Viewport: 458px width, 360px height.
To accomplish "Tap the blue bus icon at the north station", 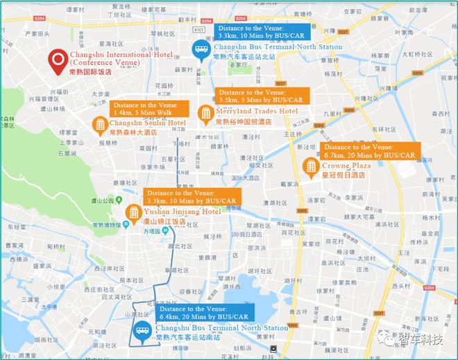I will (x=201, y=49).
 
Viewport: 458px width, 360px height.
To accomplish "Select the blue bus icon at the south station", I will (x=142, y=333).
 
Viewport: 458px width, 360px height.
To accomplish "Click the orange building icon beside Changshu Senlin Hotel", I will (x=100, y=123).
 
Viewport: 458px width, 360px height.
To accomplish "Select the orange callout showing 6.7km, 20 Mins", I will (x=369, y=151).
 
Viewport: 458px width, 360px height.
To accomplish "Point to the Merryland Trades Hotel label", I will (x=257, y=111).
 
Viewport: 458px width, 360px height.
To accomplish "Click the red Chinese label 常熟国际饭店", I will (x=93, y=71).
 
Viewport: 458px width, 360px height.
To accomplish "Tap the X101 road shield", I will (x=199, y=30).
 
